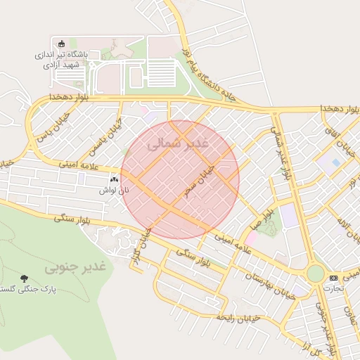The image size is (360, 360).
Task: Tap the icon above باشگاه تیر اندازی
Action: (61, 44)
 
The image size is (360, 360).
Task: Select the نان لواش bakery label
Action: (113, 191)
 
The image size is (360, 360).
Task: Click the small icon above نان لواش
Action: (114, 180)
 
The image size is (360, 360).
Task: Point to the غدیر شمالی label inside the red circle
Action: (179, 143)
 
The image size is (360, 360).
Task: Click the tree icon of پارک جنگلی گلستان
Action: (25, 279)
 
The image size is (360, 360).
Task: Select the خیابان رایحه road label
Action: (239, 317)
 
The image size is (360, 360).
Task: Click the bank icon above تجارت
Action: (333, 278)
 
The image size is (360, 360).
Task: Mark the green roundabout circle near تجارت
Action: (316, 274)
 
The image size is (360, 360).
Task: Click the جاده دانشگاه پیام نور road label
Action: (205, 70)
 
